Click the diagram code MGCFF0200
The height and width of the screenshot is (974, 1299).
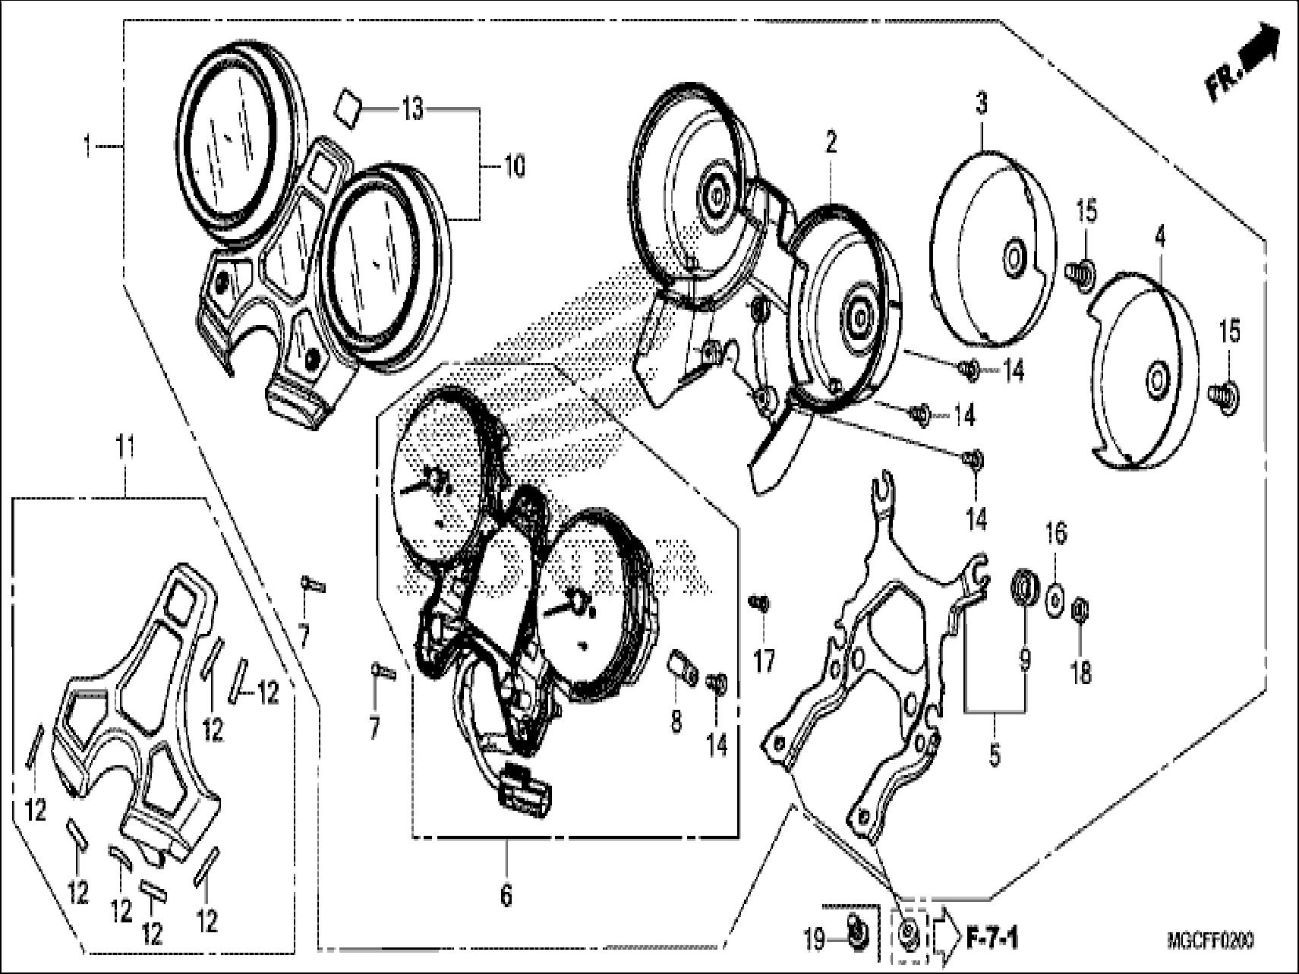(x=1210, y=941)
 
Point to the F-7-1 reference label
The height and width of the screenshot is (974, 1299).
(x=993, y=942)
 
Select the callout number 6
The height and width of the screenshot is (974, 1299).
(x=506, y=896)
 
